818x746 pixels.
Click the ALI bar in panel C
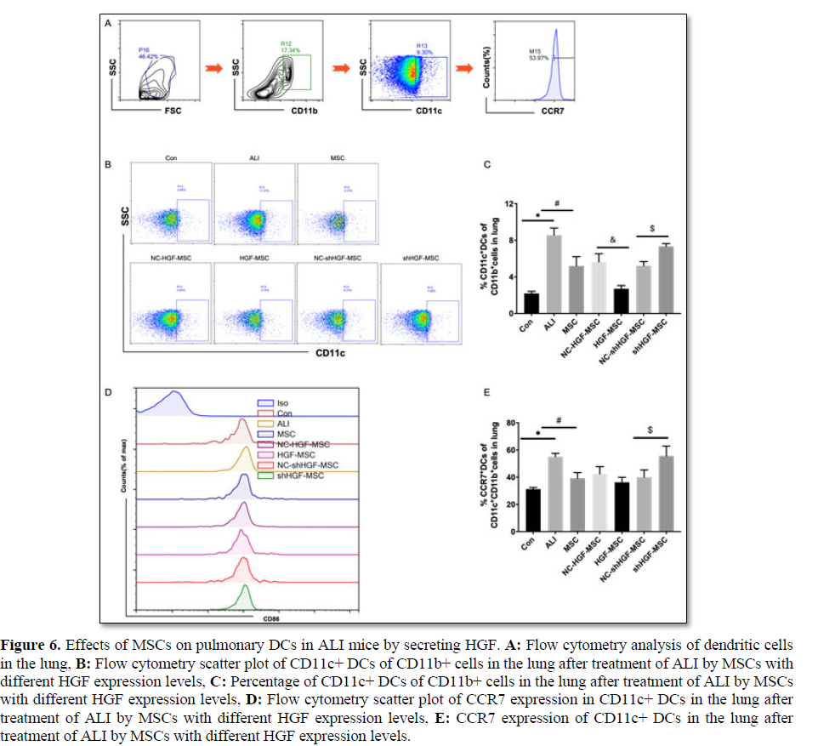coord(553,274)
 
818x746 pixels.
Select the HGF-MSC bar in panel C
coord(621,300)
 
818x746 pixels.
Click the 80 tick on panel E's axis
coord(511,423)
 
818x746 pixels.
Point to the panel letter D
coord(108,391)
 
